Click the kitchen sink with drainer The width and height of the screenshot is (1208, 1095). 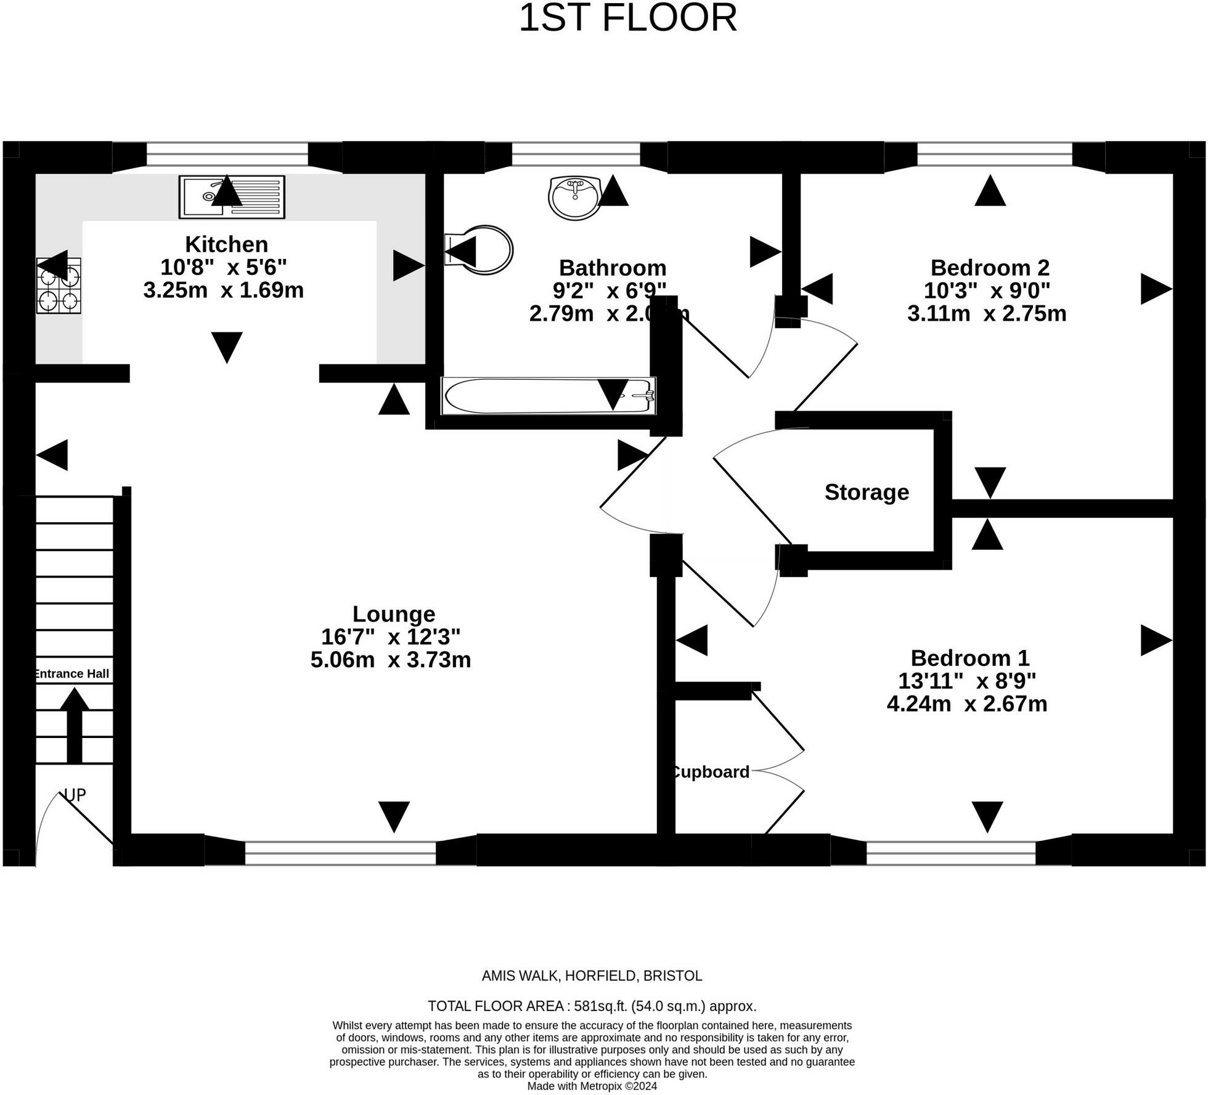[x=232, y=197]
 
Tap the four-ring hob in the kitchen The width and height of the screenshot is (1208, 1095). [x=59, y=285]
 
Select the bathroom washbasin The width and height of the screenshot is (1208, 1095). [x=574, y=197]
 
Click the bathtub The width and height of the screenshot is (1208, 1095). [x=549, y=396]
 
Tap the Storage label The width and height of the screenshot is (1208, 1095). [x=867, y=492]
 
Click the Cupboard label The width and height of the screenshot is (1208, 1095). [x=710, y=772]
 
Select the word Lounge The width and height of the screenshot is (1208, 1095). [x=394, y=614]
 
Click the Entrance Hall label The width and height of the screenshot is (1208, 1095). [x=72, y=674]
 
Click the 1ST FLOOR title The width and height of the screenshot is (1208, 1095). [x=627, y=18]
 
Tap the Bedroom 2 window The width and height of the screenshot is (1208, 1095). [x=995, y=154]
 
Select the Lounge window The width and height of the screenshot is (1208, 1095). [x=340, y=853]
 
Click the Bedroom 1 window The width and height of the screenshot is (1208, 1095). [x=951, y=853]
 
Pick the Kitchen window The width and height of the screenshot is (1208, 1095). [x=227, y=154]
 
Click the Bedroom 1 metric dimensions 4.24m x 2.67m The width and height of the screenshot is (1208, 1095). [x=966, y=703]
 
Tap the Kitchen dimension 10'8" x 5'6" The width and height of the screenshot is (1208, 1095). [x=224, y=267]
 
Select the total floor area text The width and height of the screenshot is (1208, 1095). [x=592, y=1006]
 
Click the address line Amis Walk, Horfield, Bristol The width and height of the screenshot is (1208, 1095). [x=592, y=976]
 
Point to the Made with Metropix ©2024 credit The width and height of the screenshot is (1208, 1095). [x=592, y=1086]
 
